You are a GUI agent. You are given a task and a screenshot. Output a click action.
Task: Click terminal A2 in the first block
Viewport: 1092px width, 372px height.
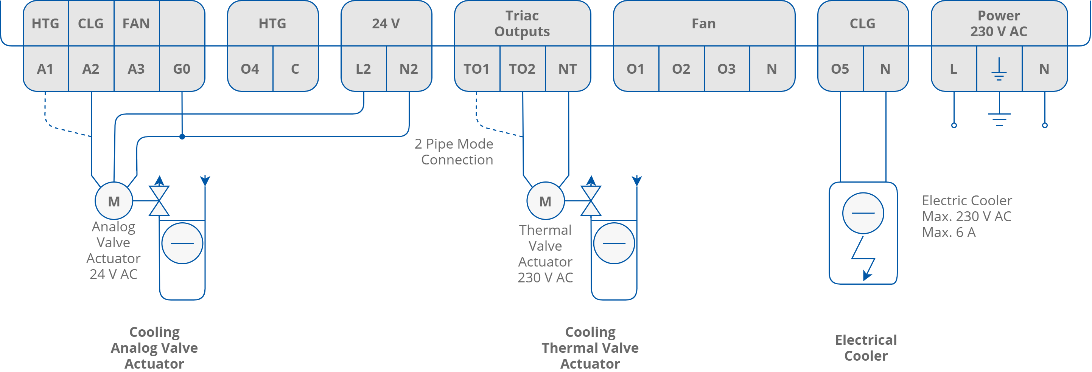pos(91,69)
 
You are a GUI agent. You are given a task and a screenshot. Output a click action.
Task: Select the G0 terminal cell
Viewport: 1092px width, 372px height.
pos(182,69)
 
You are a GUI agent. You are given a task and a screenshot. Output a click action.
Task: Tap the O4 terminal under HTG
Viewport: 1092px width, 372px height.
pos(250,69)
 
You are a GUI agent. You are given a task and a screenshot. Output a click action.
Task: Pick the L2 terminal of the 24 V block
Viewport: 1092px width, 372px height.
pos(363,69)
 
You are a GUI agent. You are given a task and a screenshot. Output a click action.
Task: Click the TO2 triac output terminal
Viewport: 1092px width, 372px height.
pos(522,69)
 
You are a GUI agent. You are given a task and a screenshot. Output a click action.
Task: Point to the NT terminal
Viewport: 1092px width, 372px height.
pos(567,69)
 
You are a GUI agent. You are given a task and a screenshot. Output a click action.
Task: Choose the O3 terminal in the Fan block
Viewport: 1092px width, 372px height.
pos(726,69)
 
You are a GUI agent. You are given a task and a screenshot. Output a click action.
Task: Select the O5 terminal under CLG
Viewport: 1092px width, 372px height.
pos(840,69)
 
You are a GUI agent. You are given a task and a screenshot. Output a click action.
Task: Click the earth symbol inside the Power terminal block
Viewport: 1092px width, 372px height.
pos(999,70)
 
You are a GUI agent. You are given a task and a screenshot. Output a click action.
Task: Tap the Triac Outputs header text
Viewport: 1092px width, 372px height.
pos(522,23)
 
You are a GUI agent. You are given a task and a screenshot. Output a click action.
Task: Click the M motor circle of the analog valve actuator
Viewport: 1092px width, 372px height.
pos(114,201)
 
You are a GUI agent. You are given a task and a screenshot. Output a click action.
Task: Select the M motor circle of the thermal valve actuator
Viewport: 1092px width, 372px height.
pos(545,201)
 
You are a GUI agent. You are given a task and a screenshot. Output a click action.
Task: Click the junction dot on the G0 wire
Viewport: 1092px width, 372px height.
pos(182,136)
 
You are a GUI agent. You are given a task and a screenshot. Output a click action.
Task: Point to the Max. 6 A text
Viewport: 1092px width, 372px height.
pos(949,232)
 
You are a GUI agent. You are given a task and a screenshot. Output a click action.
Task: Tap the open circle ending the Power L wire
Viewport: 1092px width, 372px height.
pos(954,126)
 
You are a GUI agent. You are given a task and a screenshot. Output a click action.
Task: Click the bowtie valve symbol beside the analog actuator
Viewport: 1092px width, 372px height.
pos(159,201)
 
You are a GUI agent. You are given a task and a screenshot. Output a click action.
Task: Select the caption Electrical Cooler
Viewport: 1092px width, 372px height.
pos(866,347)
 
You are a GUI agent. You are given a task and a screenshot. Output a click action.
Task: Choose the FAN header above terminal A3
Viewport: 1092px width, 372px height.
pos(136,23)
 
